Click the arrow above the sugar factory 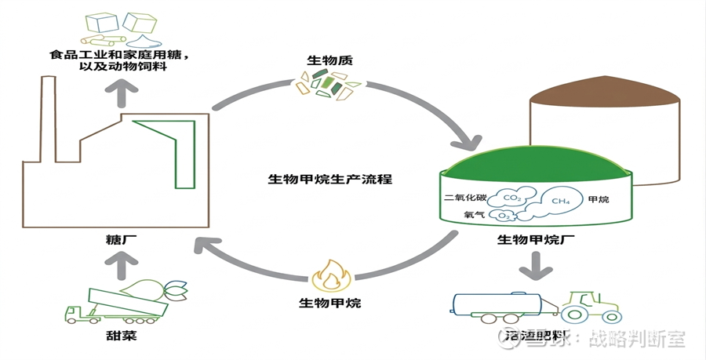coord(122,94)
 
